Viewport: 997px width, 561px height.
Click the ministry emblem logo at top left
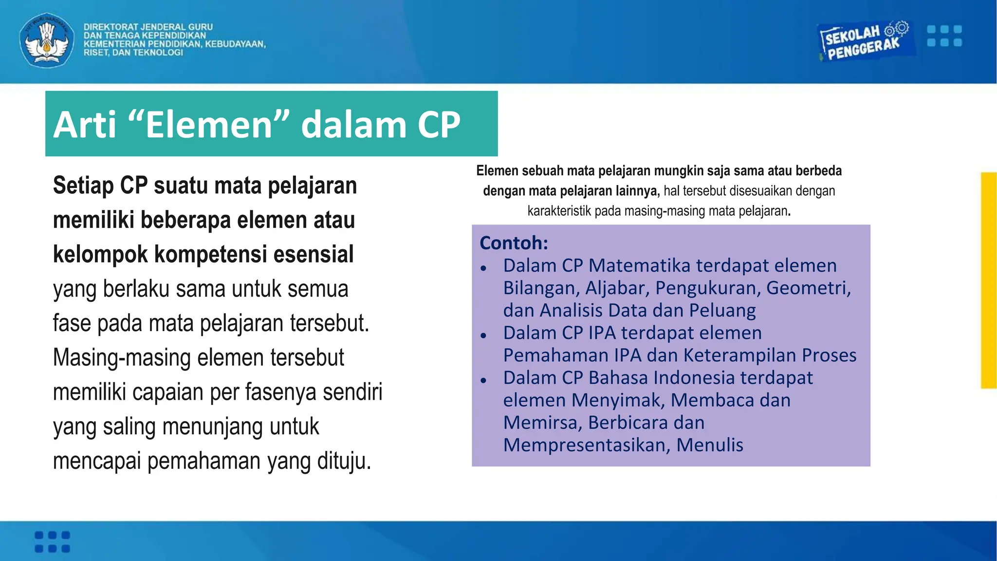(47, 40)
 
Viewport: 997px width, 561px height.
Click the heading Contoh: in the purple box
(514, 243)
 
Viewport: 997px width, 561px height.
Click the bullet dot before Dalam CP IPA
(483, 336)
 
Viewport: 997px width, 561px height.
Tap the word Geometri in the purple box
(808, 288)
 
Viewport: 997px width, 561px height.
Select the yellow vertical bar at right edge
(988, 280)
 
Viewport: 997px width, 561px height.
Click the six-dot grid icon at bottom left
(53, 542)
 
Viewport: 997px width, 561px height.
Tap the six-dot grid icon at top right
(944, 36)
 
